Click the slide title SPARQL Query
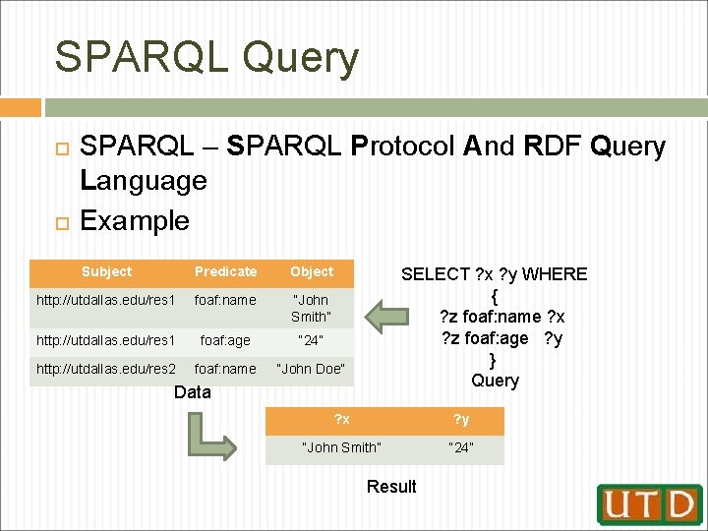pos(206,57)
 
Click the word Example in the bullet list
pos(134,220)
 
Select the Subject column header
pos(106,271)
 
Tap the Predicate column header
pos(225,271)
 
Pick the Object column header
pos(311,271)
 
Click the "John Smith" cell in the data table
pos(311,308)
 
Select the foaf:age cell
pos(225,340)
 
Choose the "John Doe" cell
pos(311,369)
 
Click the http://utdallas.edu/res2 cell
pos(106,369)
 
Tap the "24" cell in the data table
pos(311,340)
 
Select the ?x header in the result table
pos(342,420)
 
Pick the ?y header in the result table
pos(461,420)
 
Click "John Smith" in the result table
pos(342,447)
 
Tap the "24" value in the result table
pos(461,447)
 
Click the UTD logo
pos(650,503)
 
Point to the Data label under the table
pos(192,392)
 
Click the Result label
pos(391,486)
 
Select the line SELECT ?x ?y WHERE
pos(495,274)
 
